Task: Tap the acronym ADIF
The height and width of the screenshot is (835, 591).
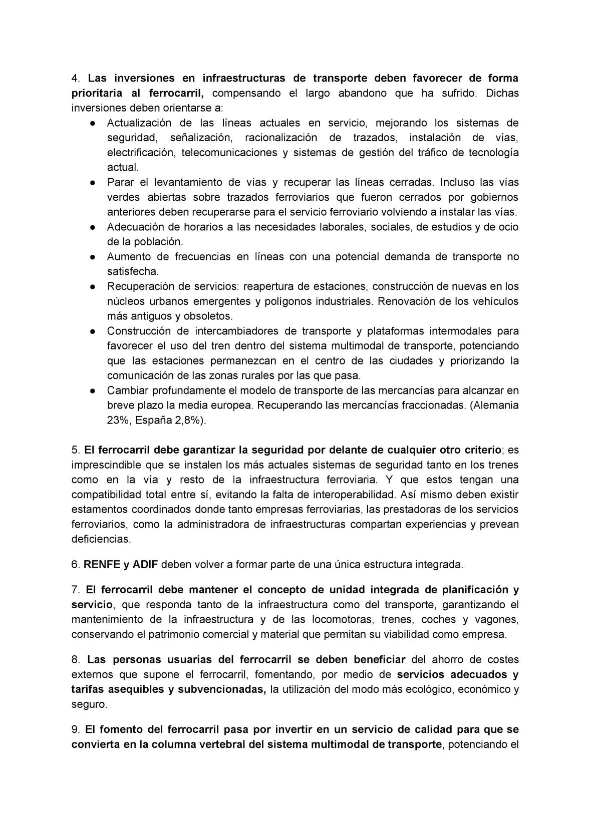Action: click(x=145, y=565)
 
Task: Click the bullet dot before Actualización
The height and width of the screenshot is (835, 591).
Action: click(x=93, y=123)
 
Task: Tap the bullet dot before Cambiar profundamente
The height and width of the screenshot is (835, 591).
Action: click(x=93, y=391)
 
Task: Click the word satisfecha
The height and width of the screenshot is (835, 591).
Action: click(x=133, y=272)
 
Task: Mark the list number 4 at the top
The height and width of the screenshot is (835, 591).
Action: click(x=75, y=79)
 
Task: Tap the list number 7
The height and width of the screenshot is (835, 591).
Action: click(x=75, y=590)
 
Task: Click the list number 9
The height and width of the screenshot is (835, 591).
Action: click(x=75, y=729)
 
